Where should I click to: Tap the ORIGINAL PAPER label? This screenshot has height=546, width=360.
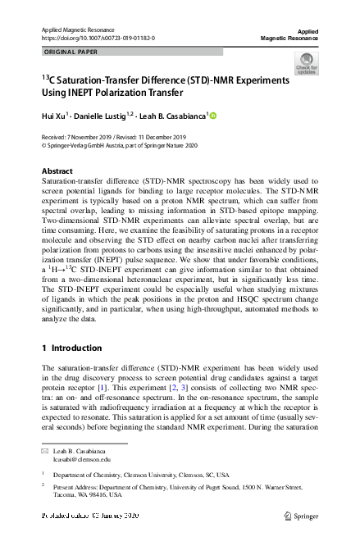coord(66,52)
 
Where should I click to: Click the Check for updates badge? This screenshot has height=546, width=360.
coord(306,64)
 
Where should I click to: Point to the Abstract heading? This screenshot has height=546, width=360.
coord(57,171)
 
